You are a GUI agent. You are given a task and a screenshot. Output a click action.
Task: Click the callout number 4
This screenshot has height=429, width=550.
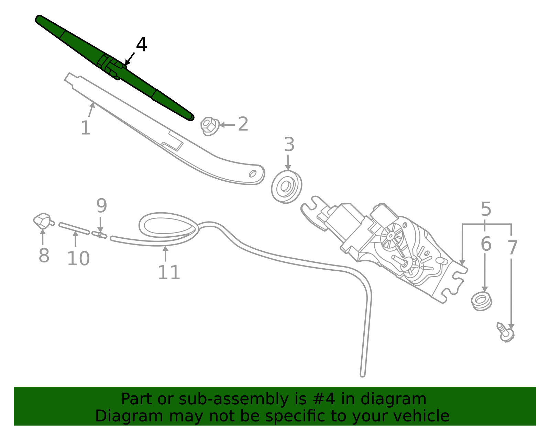tap(141, 45)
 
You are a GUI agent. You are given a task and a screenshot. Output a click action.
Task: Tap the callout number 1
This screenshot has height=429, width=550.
tap(86, 128)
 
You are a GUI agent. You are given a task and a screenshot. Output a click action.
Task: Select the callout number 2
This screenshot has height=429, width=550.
tap(243, 124)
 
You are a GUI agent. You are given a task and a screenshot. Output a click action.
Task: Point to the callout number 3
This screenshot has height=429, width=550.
tap(289, 144)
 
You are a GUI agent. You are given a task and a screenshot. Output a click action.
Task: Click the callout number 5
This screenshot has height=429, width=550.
tap(486, 209)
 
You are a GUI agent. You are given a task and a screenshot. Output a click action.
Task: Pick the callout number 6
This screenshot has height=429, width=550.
tap(486, 244)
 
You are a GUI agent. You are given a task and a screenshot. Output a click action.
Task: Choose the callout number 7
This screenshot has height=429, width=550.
tap(513, 248)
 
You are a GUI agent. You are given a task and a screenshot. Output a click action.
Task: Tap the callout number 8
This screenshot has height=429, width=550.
tap(44, 255)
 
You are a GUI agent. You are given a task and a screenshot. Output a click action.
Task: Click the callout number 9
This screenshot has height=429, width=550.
tap(101, 205)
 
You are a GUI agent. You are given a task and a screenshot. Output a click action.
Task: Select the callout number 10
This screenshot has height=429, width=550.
tap(78, 258)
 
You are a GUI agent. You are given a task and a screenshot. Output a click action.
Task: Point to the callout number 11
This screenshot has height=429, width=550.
tap(169, 272)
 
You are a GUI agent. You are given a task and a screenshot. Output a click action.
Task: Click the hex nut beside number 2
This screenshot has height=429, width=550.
tap(210, 126)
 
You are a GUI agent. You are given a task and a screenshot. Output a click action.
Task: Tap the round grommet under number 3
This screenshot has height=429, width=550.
tap(287, 187)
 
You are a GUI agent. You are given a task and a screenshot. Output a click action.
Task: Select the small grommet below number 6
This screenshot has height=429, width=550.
tap(481, 301)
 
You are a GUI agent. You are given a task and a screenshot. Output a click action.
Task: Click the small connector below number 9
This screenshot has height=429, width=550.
tap(99, 235)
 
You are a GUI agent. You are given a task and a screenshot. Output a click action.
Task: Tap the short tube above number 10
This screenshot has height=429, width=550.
tap(74, 228)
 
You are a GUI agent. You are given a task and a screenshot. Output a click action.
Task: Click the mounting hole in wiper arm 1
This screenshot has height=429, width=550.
tap(253, 174)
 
